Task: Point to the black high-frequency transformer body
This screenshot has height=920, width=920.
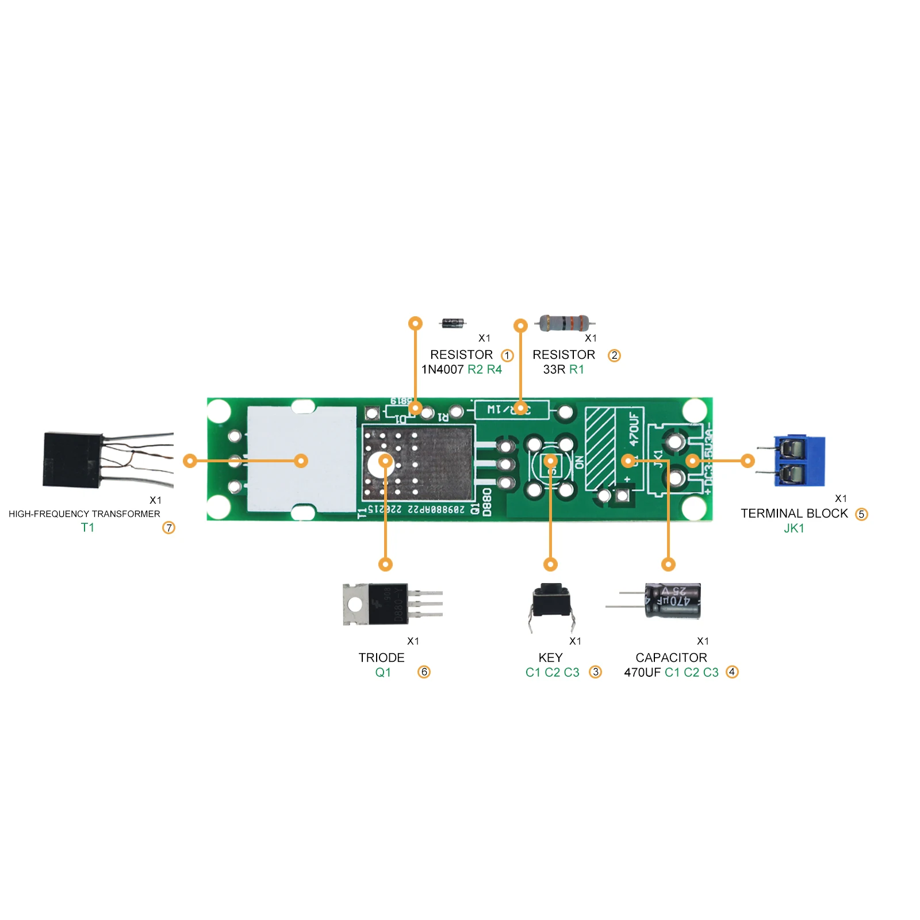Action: tap(72, 460)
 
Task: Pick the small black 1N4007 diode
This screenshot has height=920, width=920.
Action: tap(453, 323)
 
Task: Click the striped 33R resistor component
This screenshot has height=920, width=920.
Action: tap(565, 323)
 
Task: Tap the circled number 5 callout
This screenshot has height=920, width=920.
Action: tap(861, 514)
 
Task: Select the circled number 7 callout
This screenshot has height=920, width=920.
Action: tap(168, 527)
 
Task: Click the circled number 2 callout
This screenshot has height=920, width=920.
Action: tap(614, 355)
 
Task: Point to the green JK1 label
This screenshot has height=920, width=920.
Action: tap(793, 528)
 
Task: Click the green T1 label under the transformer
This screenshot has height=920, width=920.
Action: tap(87, 527)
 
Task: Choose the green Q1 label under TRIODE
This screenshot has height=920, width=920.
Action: tap(383, 672)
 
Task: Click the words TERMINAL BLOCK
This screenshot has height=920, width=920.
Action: tap(793, 513)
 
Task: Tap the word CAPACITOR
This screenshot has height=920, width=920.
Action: tap(671, 657)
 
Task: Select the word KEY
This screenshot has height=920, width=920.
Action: tap(550, 657)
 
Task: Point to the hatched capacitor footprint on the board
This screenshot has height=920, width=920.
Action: tap(600, 448)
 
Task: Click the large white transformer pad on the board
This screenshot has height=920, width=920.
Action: tap(302, 460)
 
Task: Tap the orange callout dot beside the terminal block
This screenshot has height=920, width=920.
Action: tap(747, 461)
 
